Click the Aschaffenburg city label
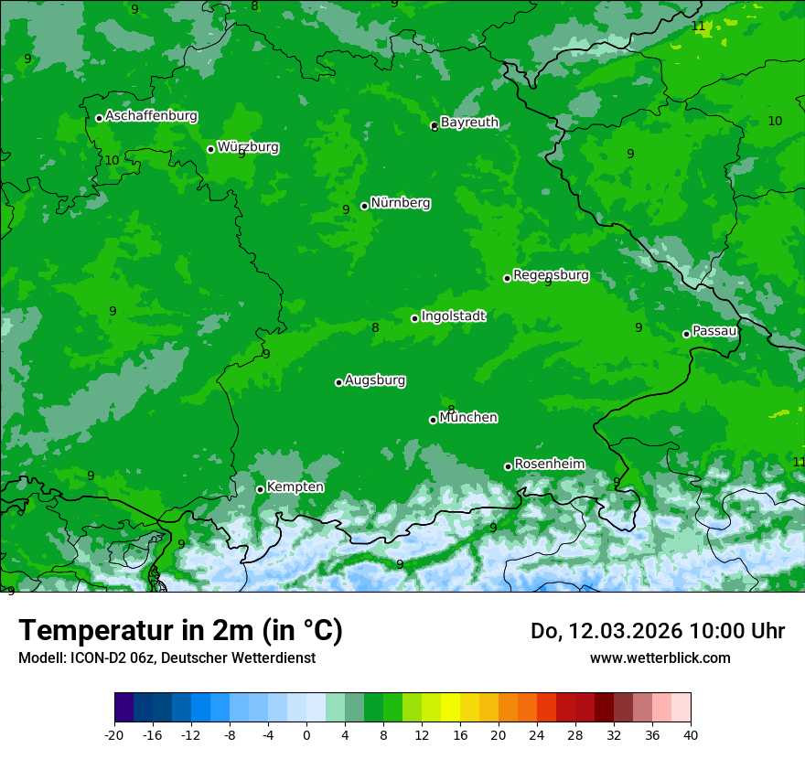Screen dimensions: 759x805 tap(151, 116)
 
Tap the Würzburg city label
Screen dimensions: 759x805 tap(248, 147)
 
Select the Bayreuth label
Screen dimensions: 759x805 tap(469, 123)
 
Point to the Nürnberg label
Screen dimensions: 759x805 tap(400, 203)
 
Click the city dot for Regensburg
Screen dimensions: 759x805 tap(507, 278)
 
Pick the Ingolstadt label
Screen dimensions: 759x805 tap(453, 316)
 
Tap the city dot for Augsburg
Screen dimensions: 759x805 tap(338, 382)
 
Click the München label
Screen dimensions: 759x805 tap(468, 418)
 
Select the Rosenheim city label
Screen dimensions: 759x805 tap(549, 465)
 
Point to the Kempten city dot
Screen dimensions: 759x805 tap(260, 489)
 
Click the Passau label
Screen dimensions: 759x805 tap(714, 331)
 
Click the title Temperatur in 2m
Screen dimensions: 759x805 tap(180, 631)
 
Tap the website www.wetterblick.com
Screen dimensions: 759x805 tap(660, 657)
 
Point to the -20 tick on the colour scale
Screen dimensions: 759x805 tap(114, 734)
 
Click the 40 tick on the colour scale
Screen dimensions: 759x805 tap(691, 734)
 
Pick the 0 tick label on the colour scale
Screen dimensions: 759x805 tap(306, 734)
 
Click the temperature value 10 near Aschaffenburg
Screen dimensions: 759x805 tap(112, 160)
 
